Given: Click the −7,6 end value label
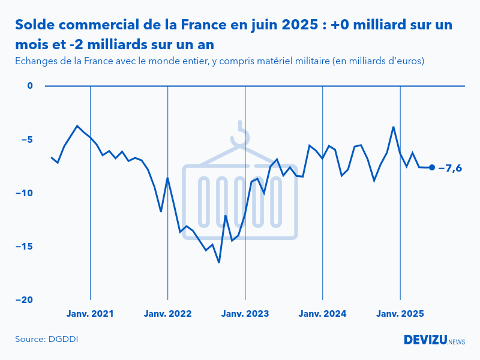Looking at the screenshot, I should (451, 168).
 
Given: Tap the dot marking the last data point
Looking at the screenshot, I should (432, 167).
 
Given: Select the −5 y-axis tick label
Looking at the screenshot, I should (25, 140).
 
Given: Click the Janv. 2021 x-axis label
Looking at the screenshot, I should (90, 314).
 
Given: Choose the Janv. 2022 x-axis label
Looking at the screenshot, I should (167, 314).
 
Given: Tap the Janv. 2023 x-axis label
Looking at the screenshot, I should (245, 314).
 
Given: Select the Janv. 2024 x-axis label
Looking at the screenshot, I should (323, 314).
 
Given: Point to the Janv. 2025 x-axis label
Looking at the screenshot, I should (400, 314).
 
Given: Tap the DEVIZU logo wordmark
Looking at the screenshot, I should (425, 340).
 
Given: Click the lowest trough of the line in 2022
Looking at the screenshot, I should (219, 262).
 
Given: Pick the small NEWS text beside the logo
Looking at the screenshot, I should (457, 341).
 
